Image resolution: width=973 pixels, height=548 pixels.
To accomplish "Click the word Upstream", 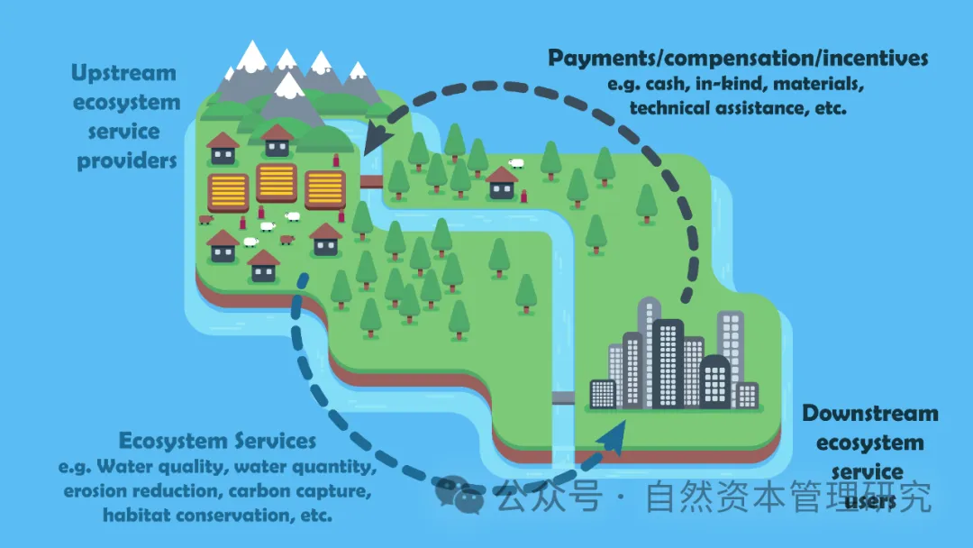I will [123, 73].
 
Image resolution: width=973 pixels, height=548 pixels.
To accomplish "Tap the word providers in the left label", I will [126, 161].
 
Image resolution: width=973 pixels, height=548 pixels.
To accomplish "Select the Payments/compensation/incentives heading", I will [737, 59].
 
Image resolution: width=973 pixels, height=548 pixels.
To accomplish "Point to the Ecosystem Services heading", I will [217, 441].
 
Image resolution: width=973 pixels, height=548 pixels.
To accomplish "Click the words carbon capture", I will [299, 491].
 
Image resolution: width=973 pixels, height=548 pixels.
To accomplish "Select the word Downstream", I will [869, 414].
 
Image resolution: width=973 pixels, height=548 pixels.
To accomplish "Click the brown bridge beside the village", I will [371, 182].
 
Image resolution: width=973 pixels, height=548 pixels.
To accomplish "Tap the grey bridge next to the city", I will [563, 397].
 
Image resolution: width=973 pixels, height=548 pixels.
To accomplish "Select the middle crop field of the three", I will [276, 184].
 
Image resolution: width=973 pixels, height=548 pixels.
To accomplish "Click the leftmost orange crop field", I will [228, 192].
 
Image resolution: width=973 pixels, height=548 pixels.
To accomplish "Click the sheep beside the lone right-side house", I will [516, 163].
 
